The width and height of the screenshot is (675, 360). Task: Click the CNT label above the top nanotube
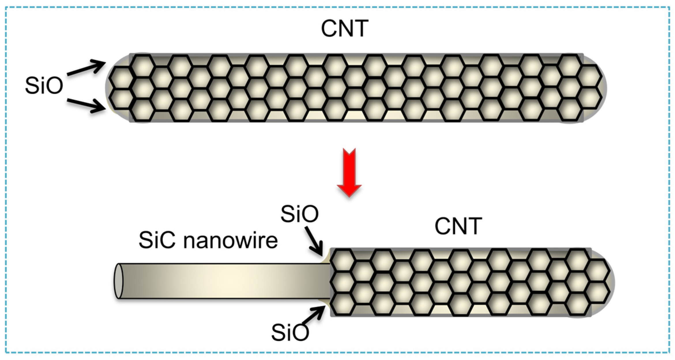(x=345, y=29)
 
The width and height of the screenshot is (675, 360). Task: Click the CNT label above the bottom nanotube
(x=458, y=226)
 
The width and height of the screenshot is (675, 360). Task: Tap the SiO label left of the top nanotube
(x=44, y=85)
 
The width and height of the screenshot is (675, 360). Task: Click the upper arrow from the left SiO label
(x=87, y=68)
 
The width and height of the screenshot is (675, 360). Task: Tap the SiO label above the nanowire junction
(x=300, y=214)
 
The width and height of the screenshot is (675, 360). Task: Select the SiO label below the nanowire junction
(x=290, y=333)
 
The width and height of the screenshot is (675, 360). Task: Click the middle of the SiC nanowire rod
(x=225, y=281)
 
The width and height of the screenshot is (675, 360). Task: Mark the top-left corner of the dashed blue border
(x=6, y=7)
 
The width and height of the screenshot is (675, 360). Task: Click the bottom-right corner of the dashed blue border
(x=670, y=352)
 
